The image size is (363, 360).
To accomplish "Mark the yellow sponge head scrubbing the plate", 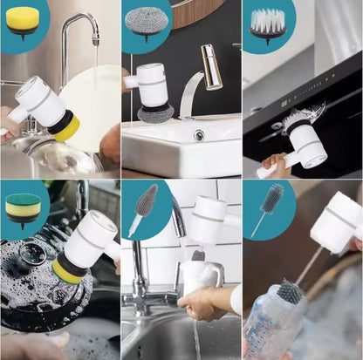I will coord(67,127).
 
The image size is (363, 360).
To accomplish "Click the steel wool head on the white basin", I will coord(154,112).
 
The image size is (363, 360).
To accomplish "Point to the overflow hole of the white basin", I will coord(199,135).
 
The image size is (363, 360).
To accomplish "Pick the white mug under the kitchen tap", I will coord(200,277).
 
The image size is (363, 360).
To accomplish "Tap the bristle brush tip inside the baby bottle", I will coord(291,291).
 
